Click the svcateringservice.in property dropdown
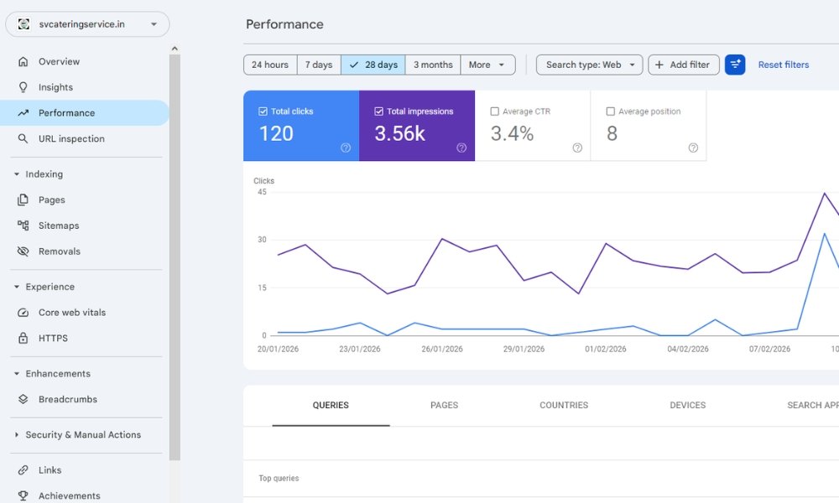(x=87, y=24)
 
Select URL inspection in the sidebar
(x=71, y=138)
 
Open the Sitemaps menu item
(x=59, y=226)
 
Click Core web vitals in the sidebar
(x=72, y=312)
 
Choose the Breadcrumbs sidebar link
(x=67, y=399)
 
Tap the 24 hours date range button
(x=270, y=65)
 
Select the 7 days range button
(x=319, y=65)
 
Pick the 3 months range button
(x=433, y=65)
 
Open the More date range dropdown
(x=487, y=65)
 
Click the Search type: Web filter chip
(x=589, y=65)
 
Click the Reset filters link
(x=784, y=65)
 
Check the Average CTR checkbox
(x=495, y=111)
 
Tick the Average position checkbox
(x=611, y=111)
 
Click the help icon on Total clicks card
(x=346, y=148)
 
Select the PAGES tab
(x=444, y=405)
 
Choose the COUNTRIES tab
(x=564, y=405)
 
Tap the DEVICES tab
(x=687, y=405)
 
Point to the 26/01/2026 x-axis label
(x=442, y=349)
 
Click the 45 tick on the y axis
(x=262, y=192)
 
